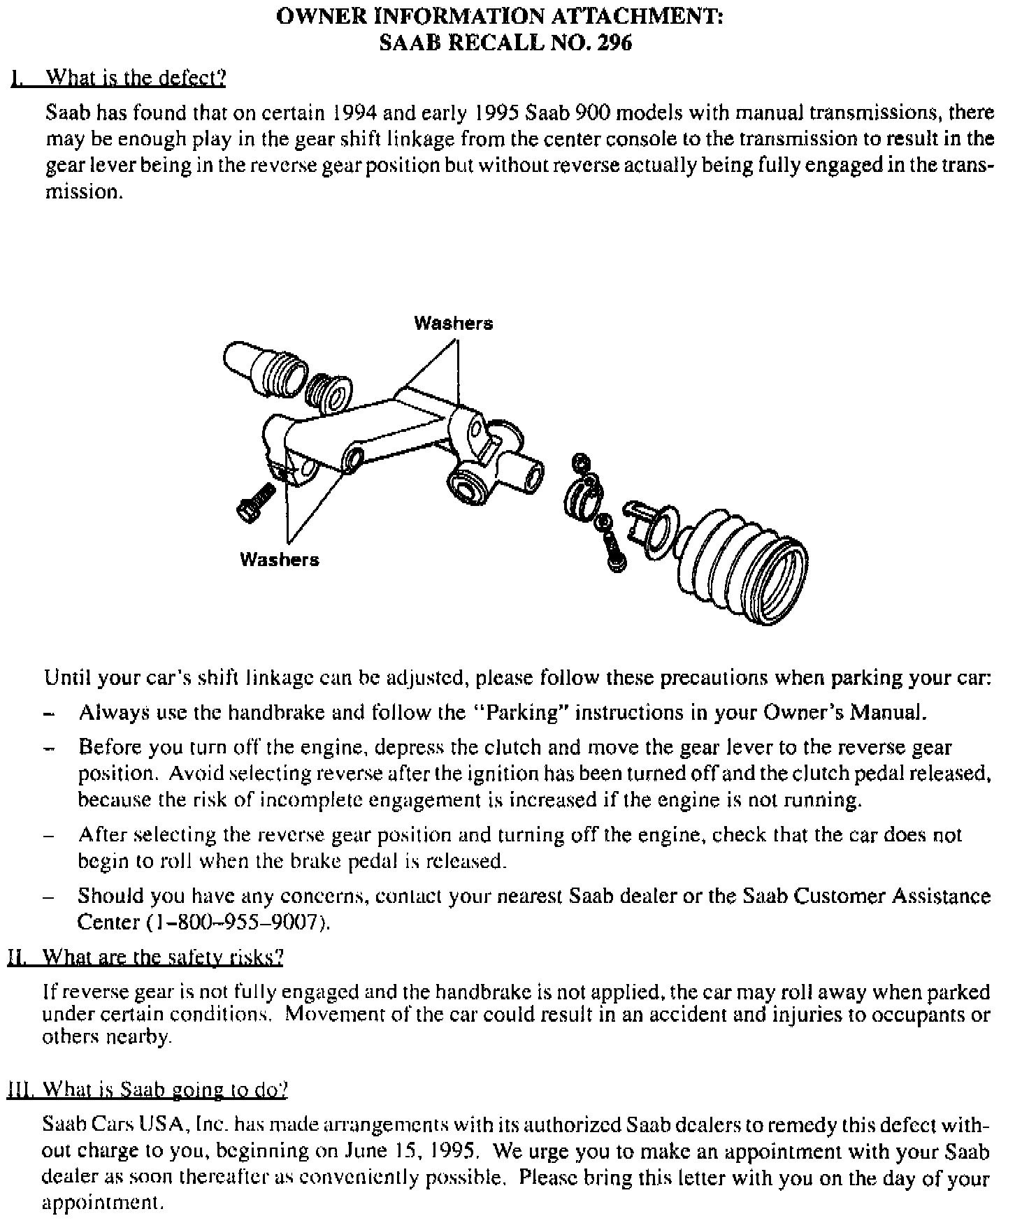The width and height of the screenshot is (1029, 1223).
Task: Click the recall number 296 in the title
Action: point(614,43)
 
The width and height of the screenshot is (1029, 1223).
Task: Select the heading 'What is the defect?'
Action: point(136,78)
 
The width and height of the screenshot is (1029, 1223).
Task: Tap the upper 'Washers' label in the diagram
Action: point(453,323)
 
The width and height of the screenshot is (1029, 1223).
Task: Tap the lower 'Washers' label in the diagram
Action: point(279,559)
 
